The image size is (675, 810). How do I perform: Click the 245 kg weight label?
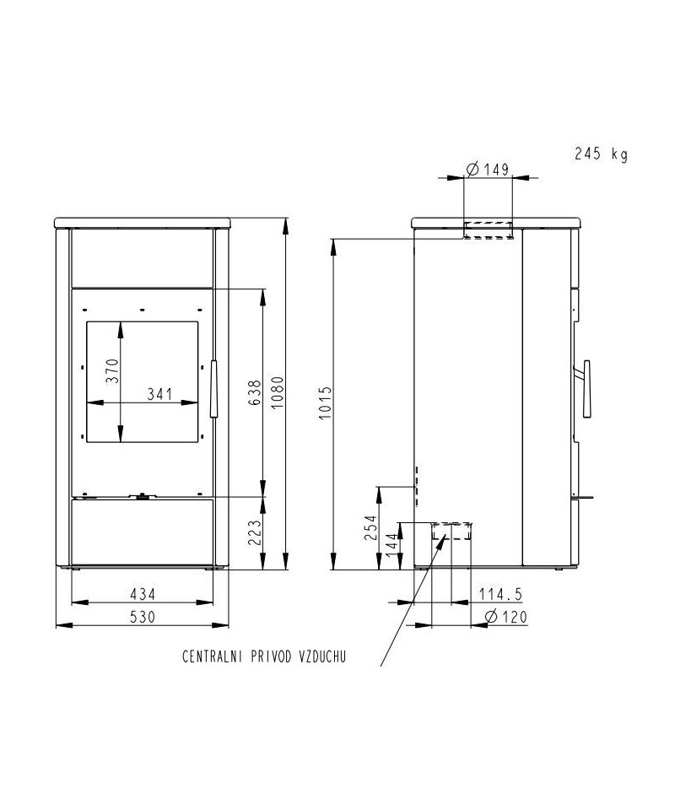601,154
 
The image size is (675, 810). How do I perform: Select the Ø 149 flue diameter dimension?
488,169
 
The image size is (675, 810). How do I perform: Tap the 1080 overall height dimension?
278,392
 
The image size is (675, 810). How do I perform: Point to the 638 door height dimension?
255,392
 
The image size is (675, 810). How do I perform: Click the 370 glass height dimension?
112,371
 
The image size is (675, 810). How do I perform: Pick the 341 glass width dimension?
159,394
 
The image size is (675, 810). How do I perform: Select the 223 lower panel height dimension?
255,532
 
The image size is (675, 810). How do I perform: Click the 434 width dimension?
143,594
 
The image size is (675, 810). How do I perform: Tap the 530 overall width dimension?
143,617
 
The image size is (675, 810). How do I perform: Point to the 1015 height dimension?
324,403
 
